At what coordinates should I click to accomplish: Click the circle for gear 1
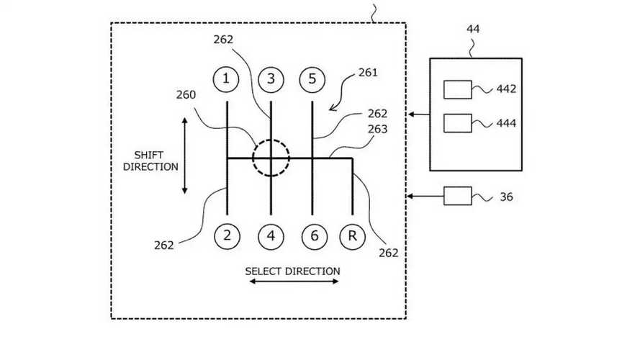pos(226,79)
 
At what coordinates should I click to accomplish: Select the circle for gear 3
pos(271,79)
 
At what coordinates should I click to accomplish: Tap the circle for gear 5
pos(312,79)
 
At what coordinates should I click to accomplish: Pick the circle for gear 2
pos(226,235)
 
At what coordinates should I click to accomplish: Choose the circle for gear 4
pos(271,235)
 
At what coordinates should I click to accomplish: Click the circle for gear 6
pos(312,235)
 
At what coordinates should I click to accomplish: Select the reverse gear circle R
pos(352,235)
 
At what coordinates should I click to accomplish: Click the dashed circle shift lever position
pos(271,158)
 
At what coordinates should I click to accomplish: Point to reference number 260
pos(186,95)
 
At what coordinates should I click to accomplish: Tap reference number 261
pos(367,73)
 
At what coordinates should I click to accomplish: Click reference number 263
pos(377,130)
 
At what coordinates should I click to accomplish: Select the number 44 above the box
pos(474,30)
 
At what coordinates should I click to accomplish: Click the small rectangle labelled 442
pos(457,89)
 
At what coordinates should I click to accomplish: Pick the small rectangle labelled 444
pos(457,123)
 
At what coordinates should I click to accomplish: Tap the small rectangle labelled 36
pos(457,196)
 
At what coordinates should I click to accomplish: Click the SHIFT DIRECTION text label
pos(150,161)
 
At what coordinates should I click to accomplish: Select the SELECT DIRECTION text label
pos(292,271)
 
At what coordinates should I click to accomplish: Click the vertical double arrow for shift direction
pos(184,156)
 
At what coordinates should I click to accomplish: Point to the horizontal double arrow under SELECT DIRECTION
pos(294,282)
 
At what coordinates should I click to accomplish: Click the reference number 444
pos(506,124)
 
